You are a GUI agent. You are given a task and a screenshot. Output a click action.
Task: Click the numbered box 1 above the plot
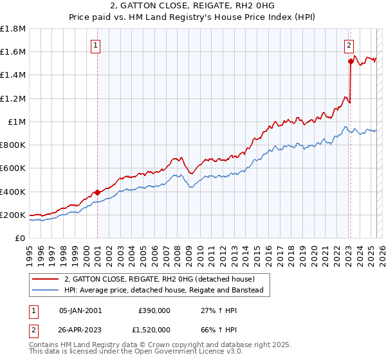[x=95, y=45]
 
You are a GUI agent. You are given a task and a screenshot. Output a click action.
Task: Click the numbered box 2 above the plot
[x=348, y=45]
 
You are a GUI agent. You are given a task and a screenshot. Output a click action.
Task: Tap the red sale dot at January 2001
[x=97, y=192]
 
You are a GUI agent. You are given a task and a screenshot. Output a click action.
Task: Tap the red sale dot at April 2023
[x=351, y=61]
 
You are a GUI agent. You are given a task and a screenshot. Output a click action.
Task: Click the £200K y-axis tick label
[x=13, y=215]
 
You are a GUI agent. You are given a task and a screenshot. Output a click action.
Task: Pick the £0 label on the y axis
[x=21, y=238]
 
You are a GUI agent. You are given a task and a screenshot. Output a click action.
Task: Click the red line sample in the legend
[x=46, y=279]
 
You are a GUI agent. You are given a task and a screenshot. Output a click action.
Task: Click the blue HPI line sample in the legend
[x=46, y=290]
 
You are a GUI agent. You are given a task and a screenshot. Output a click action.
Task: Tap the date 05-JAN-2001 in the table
[x=80, y=310]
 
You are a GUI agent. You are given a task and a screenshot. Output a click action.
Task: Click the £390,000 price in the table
[x=154, y=310]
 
